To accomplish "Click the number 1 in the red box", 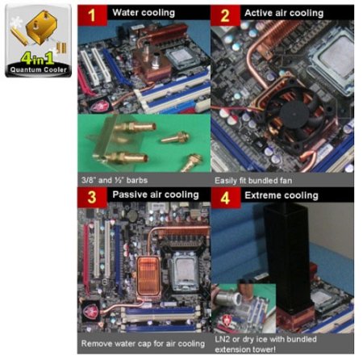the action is (x=92, y=15).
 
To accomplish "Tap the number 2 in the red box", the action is (x=225, y=15).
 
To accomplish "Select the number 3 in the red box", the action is (x=92, y=197).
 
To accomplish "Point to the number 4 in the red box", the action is (x=225, y=198).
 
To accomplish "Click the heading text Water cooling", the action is (x=144, y=13).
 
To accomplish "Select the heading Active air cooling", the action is (x=284, y=13).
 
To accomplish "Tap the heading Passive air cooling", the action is (x=156, y=195).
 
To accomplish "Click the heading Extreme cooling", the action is (x=282, y=195).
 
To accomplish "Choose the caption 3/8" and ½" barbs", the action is (x=115, y=180).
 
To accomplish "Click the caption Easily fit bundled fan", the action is (x=253, y=181).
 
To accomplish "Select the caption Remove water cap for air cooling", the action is (x=143, y=344).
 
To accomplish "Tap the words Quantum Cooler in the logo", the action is (x=38, y=69).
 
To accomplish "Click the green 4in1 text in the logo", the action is (x=37, y=58).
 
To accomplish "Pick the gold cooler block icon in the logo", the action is (x=42, y=27).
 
